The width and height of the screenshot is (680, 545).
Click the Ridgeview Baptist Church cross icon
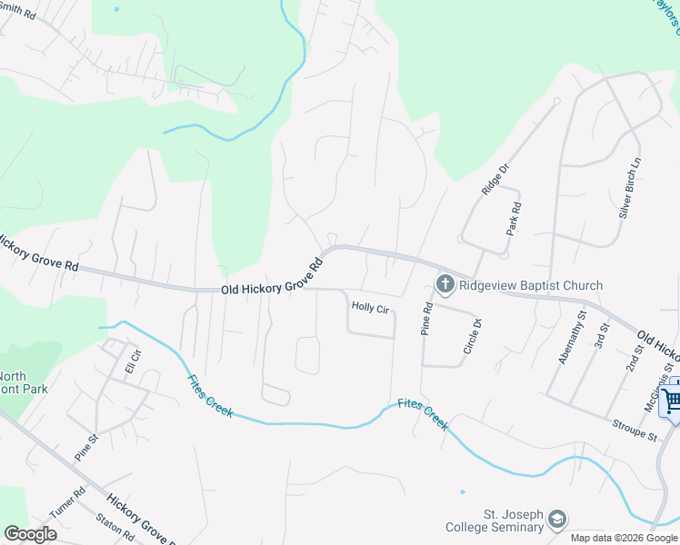pyautogui.click(x=445, y=285)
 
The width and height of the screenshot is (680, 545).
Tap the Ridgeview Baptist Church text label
pyautogui.click(x=531, y=285)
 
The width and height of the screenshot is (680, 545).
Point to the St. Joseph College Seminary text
pyautogui.click(x=495, y=520)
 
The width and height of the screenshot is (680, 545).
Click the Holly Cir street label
pyautogui.click(x=370, y=309)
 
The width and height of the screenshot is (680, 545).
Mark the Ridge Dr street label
pyautogui.click(x=491, y=179)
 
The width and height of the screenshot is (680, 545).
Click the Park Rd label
pyautogui.click(x=515, y=219)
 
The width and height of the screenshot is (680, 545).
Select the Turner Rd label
pyautogui.click(x=66, y=501)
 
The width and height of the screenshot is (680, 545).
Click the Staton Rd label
pyautogui.click(x=115, y=529)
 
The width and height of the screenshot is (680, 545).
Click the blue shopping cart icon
pyautogui.click(x=671, y=400)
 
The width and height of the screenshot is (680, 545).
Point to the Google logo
pyautogui.click(x=30, y=533)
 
